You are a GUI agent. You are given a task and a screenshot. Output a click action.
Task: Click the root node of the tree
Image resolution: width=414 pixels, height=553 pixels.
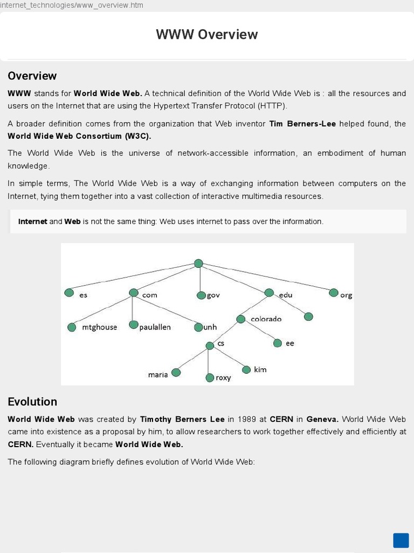(x=198, y=264)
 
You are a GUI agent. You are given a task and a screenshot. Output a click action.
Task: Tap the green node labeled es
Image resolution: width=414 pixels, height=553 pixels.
(x=69, y=292)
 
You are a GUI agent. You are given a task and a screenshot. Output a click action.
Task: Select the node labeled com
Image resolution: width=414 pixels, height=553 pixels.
(x=134, y=293)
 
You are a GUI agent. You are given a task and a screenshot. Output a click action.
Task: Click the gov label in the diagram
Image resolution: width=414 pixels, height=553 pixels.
(x=213, y=295)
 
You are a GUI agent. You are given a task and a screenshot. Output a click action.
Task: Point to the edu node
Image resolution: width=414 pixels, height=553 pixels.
(x=269, y=293)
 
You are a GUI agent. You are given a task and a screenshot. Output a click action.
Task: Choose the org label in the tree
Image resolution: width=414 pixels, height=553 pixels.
(x=346, y=295)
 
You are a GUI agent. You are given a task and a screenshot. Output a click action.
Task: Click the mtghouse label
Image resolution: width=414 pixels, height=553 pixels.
(x=99, y=327)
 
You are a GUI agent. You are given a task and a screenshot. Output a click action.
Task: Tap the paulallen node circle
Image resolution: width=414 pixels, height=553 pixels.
(x=134, y=325)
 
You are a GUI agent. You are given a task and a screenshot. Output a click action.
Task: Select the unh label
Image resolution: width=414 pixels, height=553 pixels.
(x=210, y=327)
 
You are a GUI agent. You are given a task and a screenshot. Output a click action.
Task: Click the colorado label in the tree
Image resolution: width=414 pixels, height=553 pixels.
(x=266, y=319)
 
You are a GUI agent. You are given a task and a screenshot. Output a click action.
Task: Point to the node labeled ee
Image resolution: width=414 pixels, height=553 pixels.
(x=278, y=343)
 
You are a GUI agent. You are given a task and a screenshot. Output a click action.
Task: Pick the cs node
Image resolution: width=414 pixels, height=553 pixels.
(x=210, y=345)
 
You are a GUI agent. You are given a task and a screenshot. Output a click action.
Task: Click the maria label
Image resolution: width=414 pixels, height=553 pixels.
(x=158, y=375)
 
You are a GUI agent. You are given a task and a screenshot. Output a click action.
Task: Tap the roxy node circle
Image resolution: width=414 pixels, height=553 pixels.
(x=210, y=377)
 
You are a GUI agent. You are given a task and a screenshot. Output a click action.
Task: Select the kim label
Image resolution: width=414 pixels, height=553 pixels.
(x=260, y=370)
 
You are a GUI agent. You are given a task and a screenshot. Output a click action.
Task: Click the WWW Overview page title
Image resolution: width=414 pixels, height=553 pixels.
(x=207, y=35)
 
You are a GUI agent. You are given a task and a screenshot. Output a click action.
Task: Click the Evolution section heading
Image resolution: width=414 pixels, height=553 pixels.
(x=32, y=402)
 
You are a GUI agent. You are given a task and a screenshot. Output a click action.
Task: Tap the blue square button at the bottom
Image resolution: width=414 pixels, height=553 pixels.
(x=401, y=541)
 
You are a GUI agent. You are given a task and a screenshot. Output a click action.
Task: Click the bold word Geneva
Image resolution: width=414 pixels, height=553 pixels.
(x=322, y=419)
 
